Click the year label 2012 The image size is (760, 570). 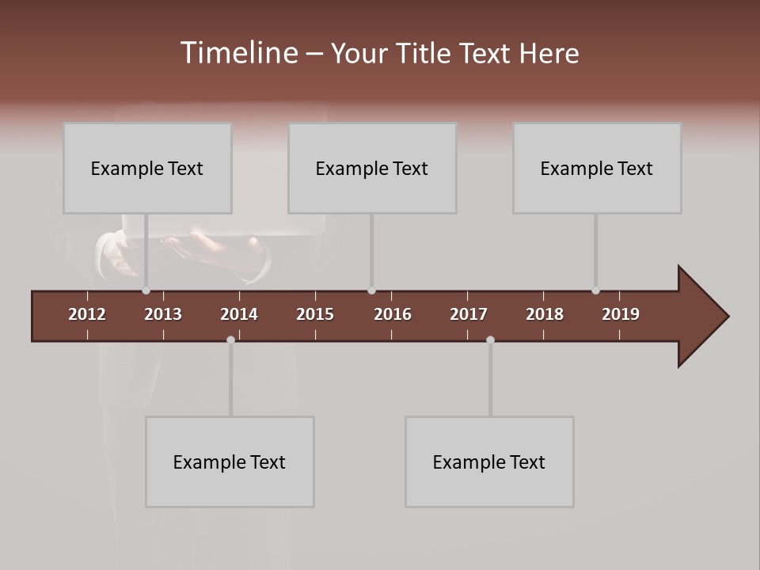[87, 314]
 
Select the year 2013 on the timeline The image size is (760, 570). [163, 314]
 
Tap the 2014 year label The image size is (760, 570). [239, 314]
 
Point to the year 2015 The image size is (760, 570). [315, 314]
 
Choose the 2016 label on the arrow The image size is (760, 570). [393, 314]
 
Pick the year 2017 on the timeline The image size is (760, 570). [469, 314]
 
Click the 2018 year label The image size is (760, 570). [545, 314]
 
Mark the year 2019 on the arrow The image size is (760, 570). [621, 314]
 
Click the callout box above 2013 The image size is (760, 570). [147, 168]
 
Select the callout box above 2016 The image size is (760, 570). [372, 168]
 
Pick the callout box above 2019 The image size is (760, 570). [597, 168]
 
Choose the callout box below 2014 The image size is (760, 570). [230, 462]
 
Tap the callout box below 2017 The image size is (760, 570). [489, 462]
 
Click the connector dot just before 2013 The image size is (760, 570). [146, 291]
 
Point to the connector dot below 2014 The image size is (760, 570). [230, 340]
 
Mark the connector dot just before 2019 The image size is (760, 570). [595, 291]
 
